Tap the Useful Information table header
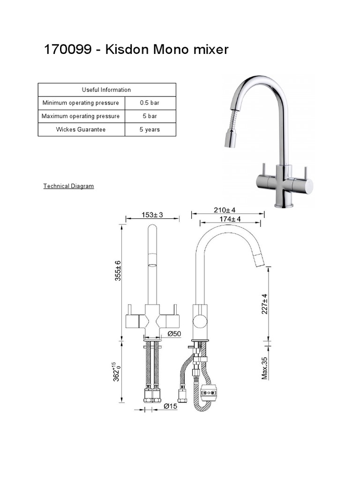pyautogui.click(x=106, y=90)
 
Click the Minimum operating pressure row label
pyautogui.click(x=81, y=103)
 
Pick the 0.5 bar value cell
pyautogui.click(x=150, y=103)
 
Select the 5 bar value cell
pyautogui.click(x=150, y=116)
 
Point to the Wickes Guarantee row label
pyautogui.click(x=81, y=129)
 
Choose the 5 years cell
pyautogui.click(x=150, y=129)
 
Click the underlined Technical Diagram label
pyautogui.click(x=68, y=186)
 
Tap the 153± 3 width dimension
pyautogui.click(x=152, y=215)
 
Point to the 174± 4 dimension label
pyautogui.click(x=230, y=219)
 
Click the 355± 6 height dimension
pyautogui.click(x=119, y=271)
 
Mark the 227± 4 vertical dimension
pyautogui.click(x=264, y=304)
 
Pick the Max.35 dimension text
pyautogui.click(x=264, y=368)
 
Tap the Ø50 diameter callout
pyautogui.click(x=174, y=333)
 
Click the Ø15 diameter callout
pyautogui.click(x=171, y=406)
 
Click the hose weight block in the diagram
pyautogui.click(x=208, y=393)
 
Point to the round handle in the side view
pyautogui.click(x=200, y=322)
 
